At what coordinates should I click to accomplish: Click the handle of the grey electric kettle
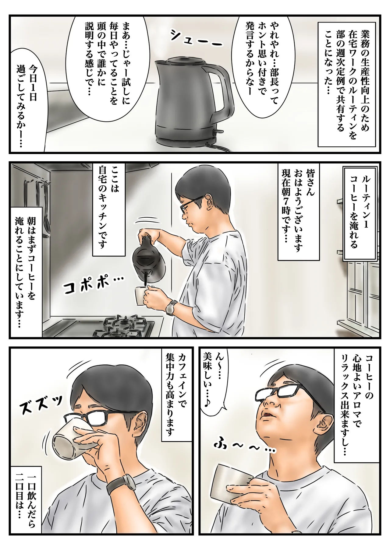225,88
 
